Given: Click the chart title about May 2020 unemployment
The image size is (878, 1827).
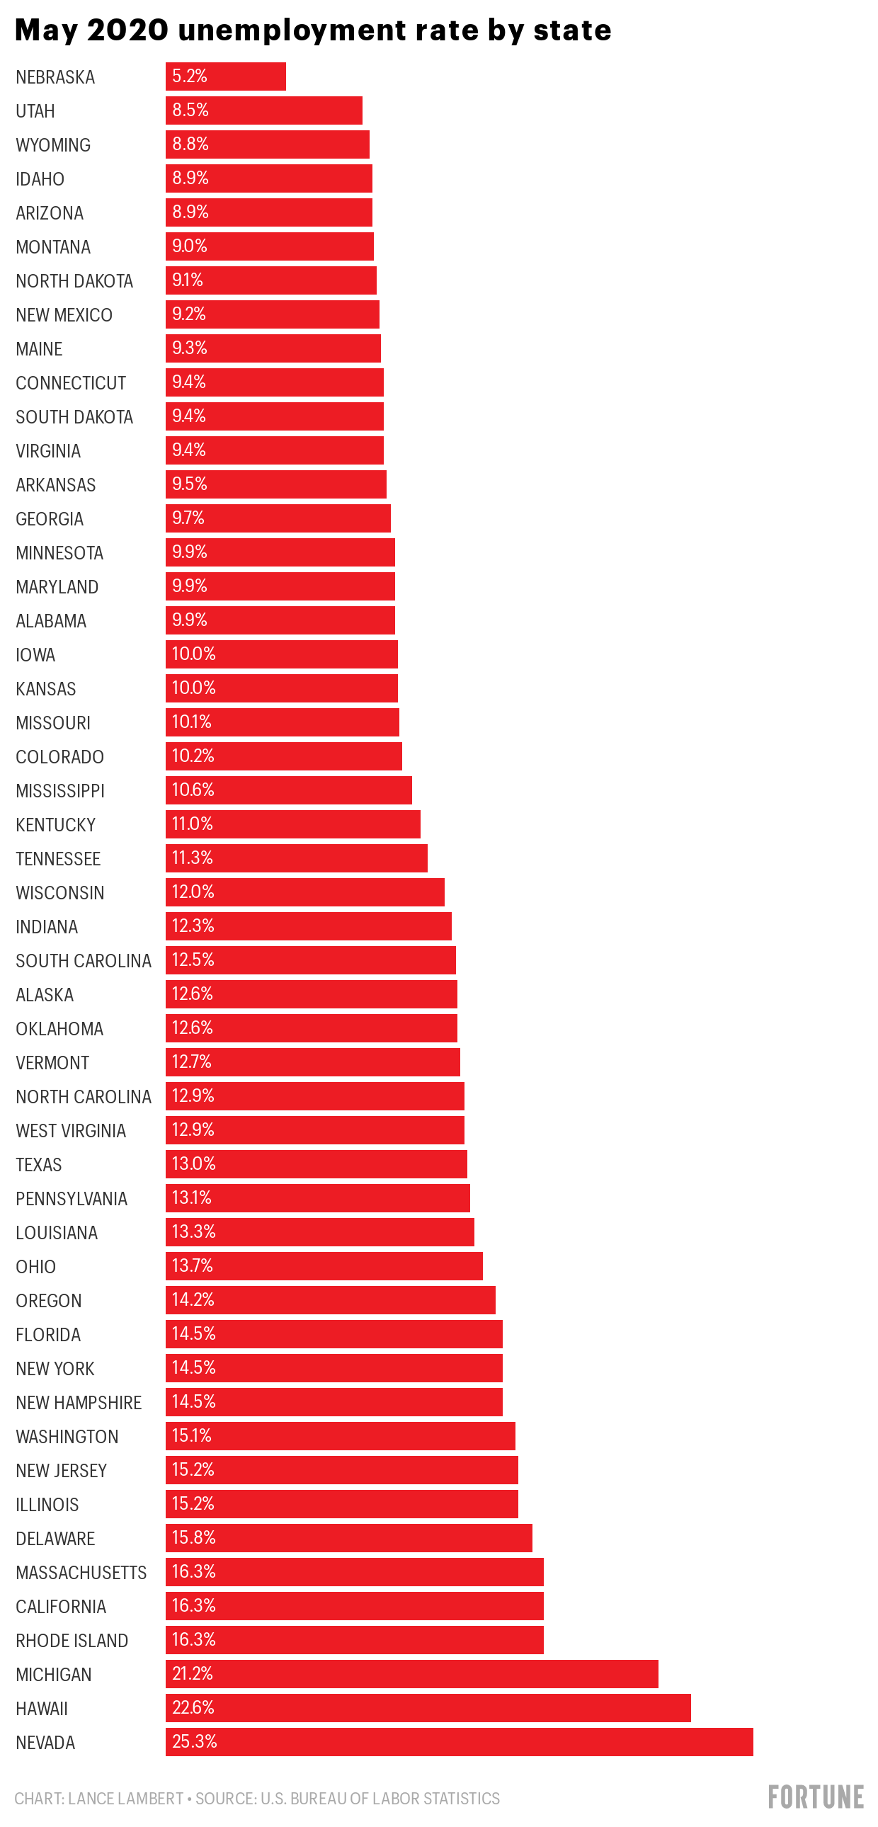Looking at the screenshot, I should tap(313, 30).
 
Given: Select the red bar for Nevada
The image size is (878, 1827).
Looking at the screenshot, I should tap(459, 1741).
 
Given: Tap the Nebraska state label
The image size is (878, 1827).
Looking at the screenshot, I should tap(55, 76).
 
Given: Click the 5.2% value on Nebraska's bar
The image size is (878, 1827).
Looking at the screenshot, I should tap(189, 76).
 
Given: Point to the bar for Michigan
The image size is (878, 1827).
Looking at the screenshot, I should tap(411, 1673).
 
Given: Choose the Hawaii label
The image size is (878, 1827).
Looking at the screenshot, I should tap(42, 1708).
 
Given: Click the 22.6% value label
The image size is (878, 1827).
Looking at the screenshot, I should tap(193, 1707).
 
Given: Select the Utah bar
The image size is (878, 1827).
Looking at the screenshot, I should tap(264, 110).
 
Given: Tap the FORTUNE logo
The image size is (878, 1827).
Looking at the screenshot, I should tap(816, 1797).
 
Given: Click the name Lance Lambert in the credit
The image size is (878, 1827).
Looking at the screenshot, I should tap(125, 1798).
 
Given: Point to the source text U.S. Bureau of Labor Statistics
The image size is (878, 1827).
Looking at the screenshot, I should tap(380, 1798).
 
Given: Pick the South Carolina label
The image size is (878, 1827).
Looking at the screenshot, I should tap(84, 960).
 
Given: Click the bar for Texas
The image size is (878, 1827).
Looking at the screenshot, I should tap(317, 1164).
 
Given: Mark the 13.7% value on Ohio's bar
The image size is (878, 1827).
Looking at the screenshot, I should tap(192, 1265).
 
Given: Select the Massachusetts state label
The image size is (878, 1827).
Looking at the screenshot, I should tap(81, 1572).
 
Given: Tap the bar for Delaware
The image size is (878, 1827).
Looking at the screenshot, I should tap(348, 1537).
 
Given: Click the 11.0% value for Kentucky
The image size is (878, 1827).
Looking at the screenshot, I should tap(192, 824).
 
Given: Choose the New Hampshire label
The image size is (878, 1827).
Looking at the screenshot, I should tap(79, 1402).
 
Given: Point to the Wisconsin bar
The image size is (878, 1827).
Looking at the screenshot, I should tap(305, 892).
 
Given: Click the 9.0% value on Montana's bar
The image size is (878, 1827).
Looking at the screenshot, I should tap(189, 246).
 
